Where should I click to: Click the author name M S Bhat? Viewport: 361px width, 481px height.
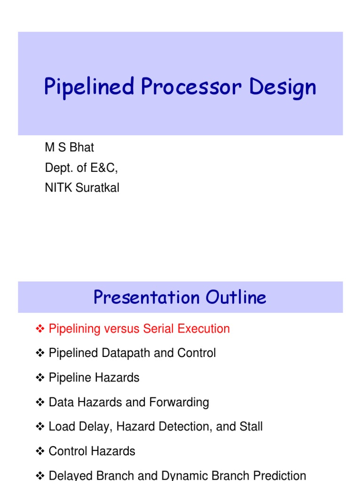coord(69,147)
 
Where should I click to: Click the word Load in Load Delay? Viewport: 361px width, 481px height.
coord(60,427)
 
